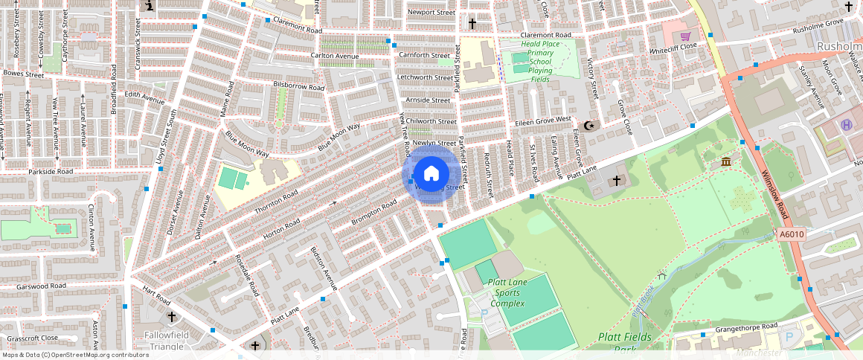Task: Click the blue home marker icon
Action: pyautogui.click(x=431, y=174)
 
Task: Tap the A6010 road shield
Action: pyautogui.click(x=792, y=234)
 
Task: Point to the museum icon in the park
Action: pyautogui.click(x=725, y=162)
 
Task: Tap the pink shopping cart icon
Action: pyautogui.click(x=685, y=35)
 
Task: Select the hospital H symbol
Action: pyautogui.click(x=846, y=124)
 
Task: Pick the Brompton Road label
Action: pyautogui.click(x=373, y=213)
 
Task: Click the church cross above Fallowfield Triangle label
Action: pyautogui.click(x=173, y=318)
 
